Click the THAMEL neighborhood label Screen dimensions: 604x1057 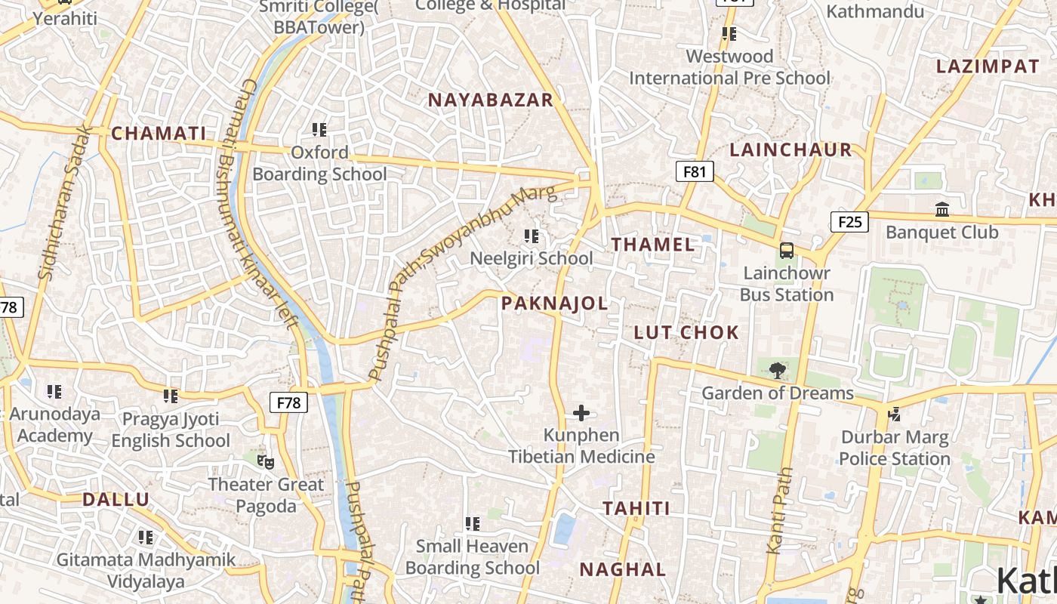[653, 244]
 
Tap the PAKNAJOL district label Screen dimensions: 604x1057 [554, 304]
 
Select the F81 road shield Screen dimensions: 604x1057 [694, 171]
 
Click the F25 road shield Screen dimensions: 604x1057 [849, 221]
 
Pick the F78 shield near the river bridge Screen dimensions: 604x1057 [288, 402]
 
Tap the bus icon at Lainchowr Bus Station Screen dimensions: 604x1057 [786, 250]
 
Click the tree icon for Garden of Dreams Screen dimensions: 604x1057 [776, 370]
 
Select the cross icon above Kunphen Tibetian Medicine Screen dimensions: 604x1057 [581, 413]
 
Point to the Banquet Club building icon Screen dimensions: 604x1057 [942, 209]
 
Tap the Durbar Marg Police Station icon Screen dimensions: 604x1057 [895, 414]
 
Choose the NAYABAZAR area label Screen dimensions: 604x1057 [491, 100]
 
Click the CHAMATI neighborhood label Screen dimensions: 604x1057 [159, 134]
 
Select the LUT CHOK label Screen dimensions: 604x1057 [686, 332]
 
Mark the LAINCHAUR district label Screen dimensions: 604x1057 [790, 149]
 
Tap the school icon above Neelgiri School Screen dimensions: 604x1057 [532, 236]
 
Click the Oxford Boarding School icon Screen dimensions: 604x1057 [319, 130]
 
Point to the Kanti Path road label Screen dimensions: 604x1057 [778, 510]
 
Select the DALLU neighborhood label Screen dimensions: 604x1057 [116, 499]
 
